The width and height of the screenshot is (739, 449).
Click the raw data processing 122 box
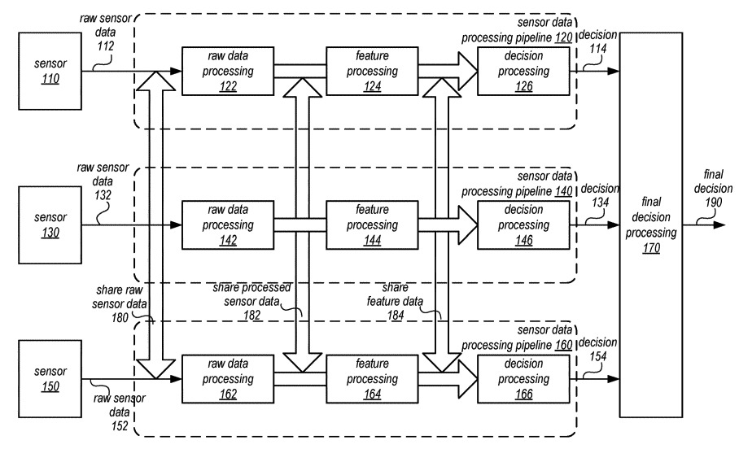227,71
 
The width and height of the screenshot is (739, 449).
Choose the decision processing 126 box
513,71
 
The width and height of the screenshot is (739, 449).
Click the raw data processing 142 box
227,225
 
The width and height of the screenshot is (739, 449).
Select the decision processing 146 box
513,225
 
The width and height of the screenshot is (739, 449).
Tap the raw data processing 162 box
227,377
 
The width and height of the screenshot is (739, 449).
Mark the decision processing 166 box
513,377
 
